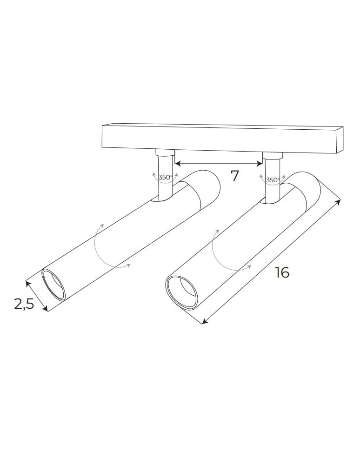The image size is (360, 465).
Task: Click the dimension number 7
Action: click(x=234, y=176)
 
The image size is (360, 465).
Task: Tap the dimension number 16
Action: click(x=281, y=272)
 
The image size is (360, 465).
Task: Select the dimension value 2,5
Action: click(x=24, y=304)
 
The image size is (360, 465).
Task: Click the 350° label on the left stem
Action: click(x=165, y=177)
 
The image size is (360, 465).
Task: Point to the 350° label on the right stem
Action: click(x=273, y=180)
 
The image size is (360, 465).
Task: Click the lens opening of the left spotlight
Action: click(x=54, y=284)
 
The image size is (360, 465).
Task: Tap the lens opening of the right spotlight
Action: click(x=182, y=292)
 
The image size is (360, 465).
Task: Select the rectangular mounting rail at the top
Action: click(x=219, y=138)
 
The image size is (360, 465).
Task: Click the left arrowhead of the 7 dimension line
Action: click(x=177, y=163)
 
